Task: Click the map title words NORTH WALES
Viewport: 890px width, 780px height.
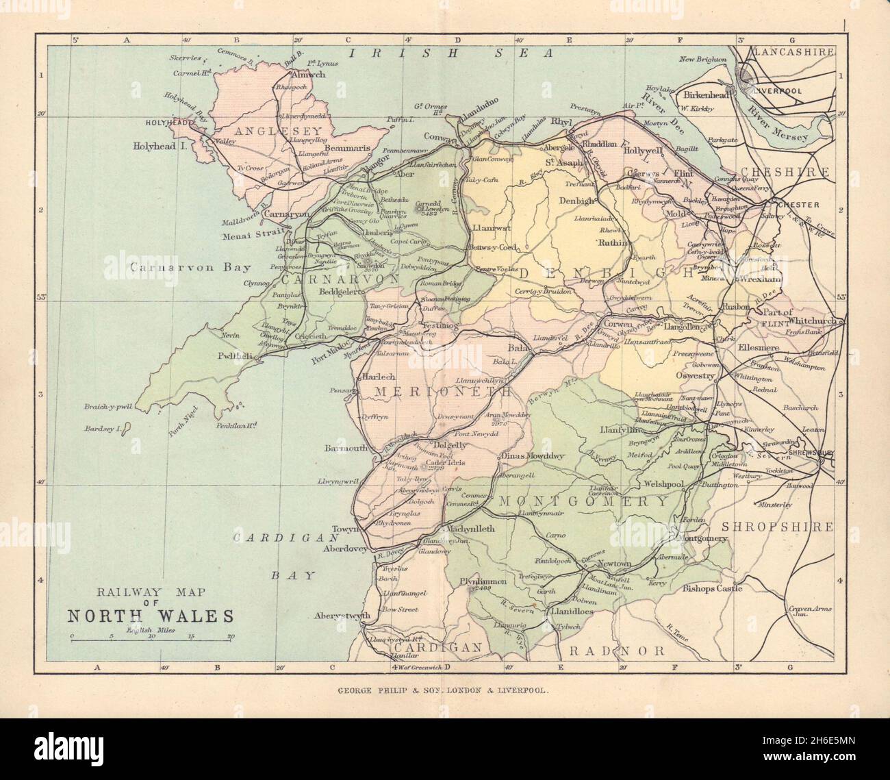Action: [151, 614]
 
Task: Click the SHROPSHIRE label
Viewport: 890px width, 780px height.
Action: [777, 527]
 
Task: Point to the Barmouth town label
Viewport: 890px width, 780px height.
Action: [346, 450]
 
